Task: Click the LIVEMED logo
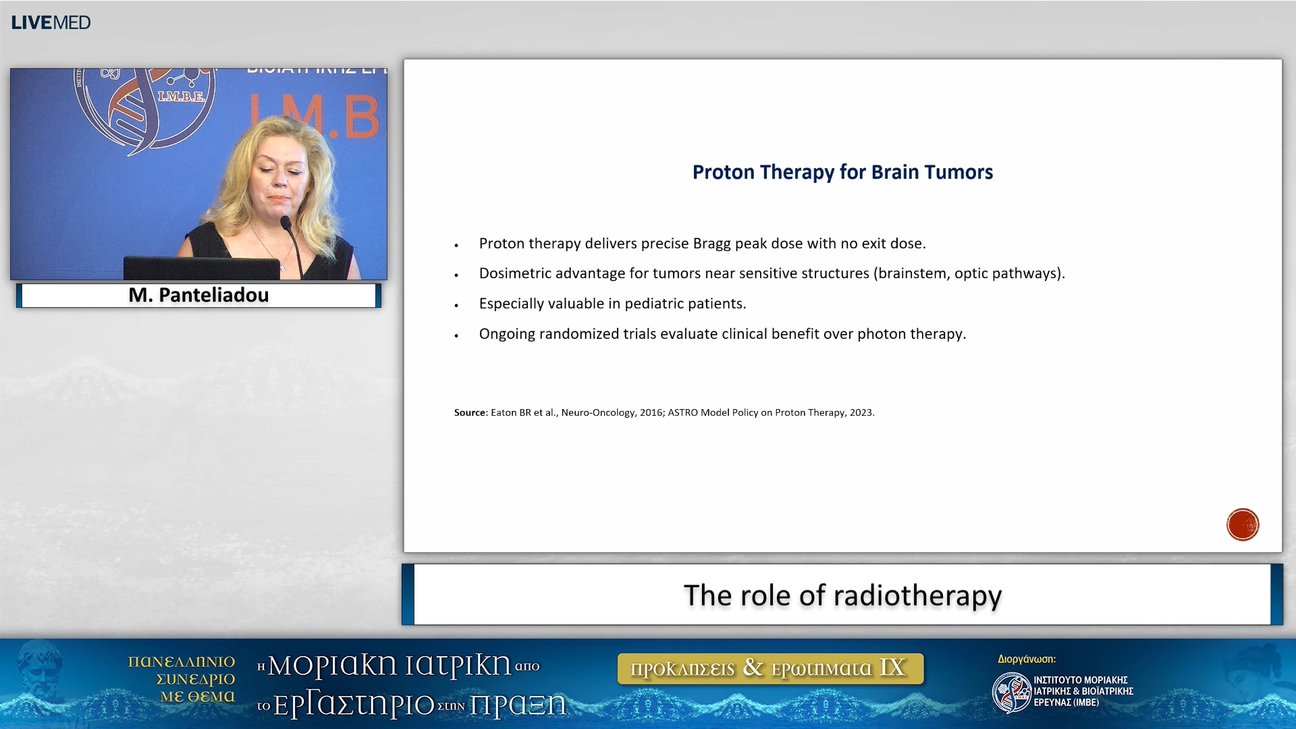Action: tap(51, 22)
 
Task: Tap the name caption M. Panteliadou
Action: tap(198, 295)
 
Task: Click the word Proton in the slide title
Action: tap(724, 172)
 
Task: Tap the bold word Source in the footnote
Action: tap(469, 412)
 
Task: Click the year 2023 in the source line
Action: tap(861, 412)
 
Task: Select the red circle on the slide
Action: tap(1242, 524)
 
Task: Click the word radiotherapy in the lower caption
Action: tap(917, 595)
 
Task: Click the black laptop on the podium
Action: tap(200, 268)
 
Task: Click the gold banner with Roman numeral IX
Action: tap(770, 668)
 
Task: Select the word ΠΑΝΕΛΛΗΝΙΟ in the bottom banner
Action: tap(181, 661)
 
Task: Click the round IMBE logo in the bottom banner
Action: tap(1010, 692)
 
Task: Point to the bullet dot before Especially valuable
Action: tap(457, 305)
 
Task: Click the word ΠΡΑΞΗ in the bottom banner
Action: tap(518, 705)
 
